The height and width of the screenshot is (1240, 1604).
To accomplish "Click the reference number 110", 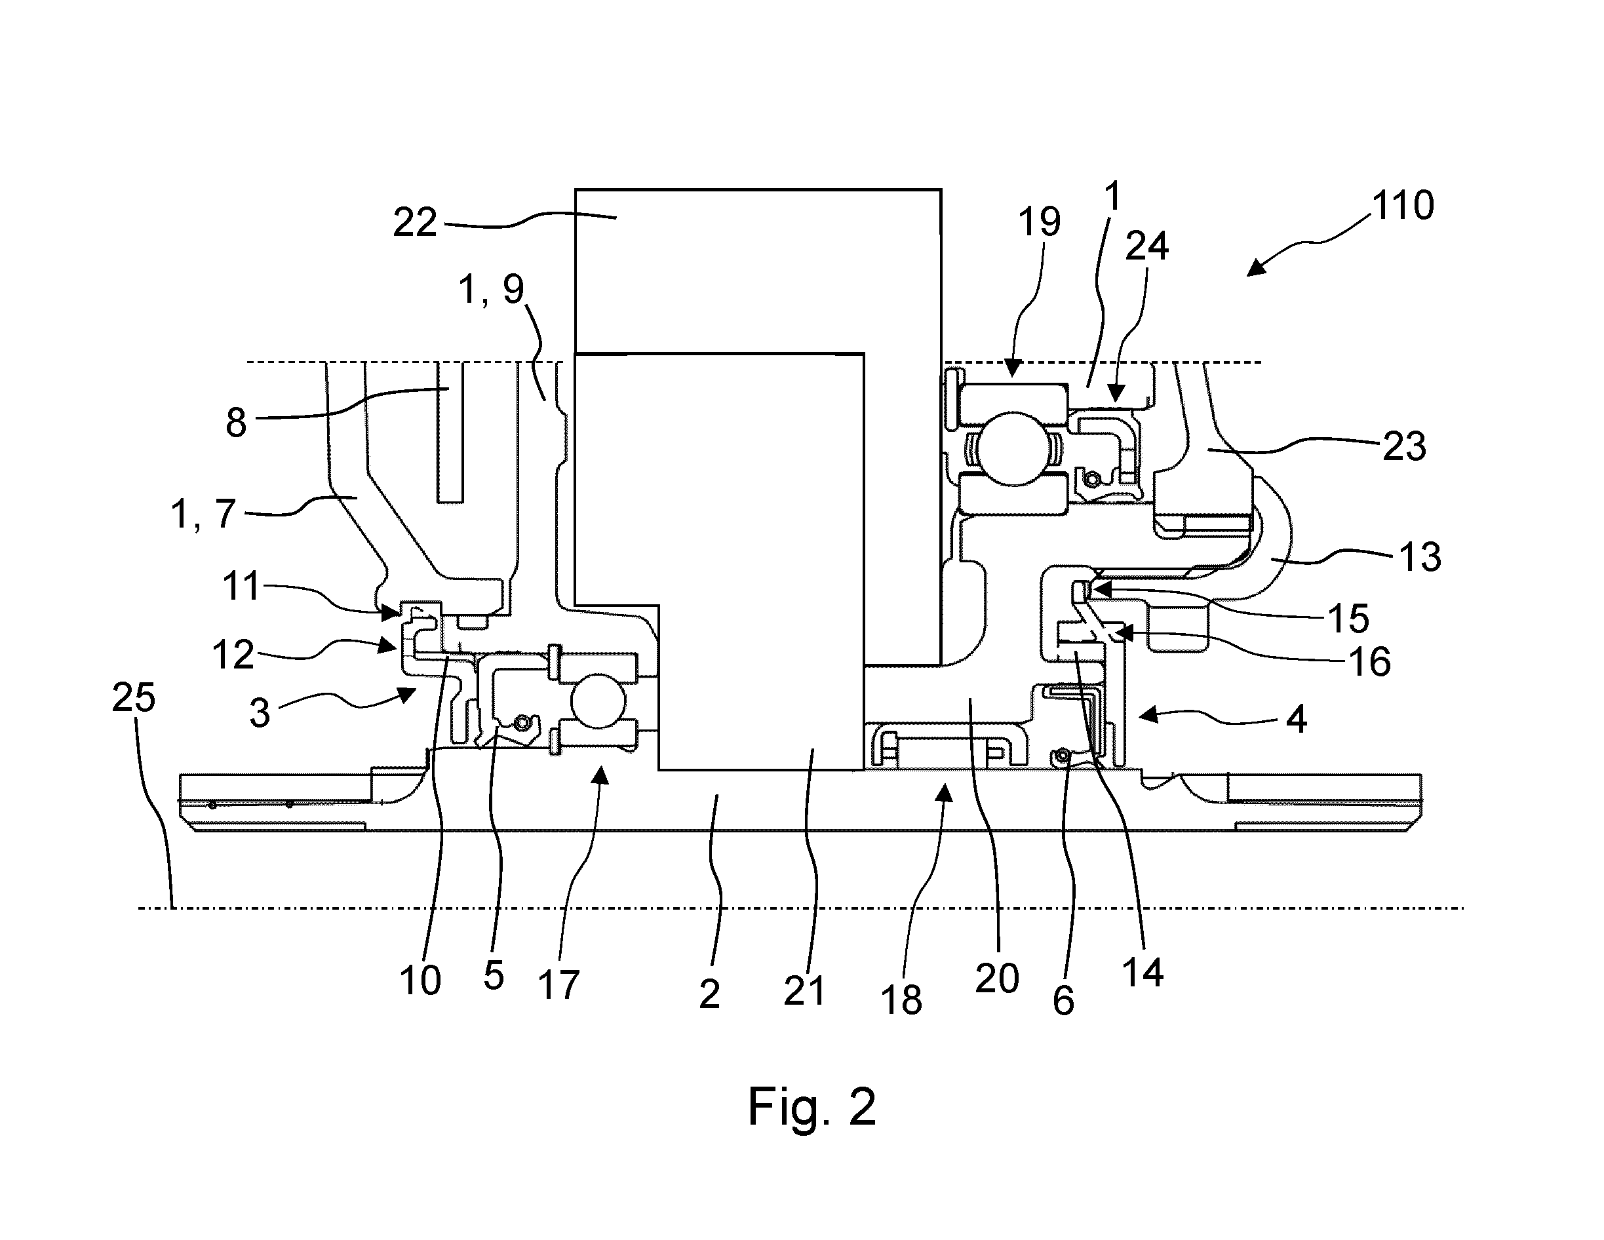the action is pyautogui.click(x=1403, y=205).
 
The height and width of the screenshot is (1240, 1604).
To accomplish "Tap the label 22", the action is pyautogui.click(x=415, y=222).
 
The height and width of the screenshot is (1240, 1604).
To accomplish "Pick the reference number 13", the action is pyautogui.click(x=1420, y=556).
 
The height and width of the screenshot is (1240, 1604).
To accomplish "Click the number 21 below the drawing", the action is pyautogui.click(x=804, y=991).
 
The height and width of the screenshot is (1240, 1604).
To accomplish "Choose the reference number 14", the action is pyautogui.click(x=1143, y=973).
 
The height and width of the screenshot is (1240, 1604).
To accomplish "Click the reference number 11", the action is pyautogui.click(x=242, y=587).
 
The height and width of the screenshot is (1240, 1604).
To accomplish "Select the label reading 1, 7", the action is pyautogui.click(x=203, y=514).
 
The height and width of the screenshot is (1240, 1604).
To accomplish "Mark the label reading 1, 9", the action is pyautogui.click(x=492, y=289).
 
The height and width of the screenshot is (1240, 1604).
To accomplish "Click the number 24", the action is pyautogui.click(x=1146, y=246).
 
